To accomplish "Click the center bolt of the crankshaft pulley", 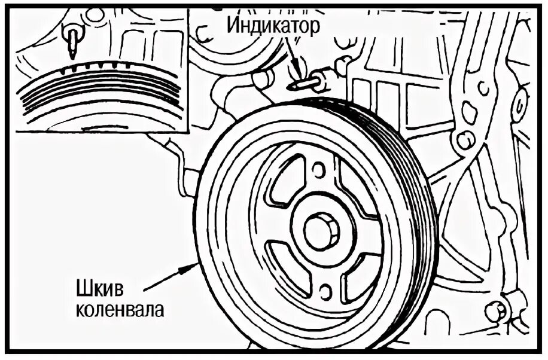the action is (321, 231).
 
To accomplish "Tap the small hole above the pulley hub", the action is (319, 170).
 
